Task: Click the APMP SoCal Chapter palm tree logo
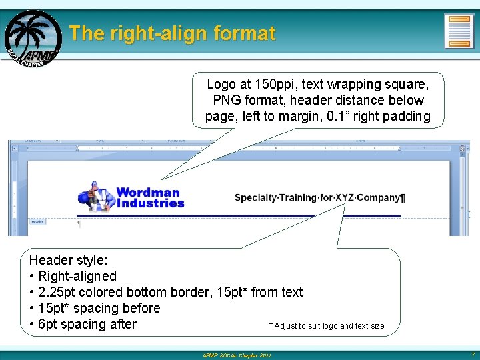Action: pos(32,38)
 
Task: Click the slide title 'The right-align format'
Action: pos(172,33)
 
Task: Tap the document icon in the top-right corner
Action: pos(459,31)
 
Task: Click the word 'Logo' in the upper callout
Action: pos(221,85)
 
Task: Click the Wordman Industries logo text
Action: pos(149,197)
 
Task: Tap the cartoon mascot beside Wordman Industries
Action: pos(95,197)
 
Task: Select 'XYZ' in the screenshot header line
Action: pos(345,198)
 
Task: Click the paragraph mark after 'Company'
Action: pos(402,198)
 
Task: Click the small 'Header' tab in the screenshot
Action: pos(37,221)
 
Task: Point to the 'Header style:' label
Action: pos(68,260)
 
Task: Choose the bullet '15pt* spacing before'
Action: pos(99,308)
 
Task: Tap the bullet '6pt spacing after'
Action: pos(87,324)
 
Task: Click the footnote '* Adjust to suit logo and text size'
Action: pos(326,326)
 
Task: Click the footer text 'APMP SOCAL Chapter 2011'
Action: pos(237,355)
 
